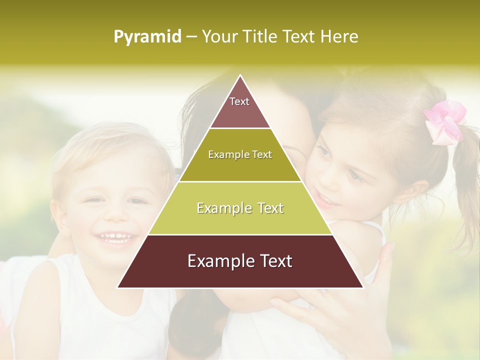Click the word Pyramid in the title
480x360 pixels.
tap(147, 37)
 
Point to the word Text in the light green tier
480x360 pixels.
tap(268, 208)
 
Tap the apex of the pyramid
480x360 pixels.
tap(240, 76)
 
